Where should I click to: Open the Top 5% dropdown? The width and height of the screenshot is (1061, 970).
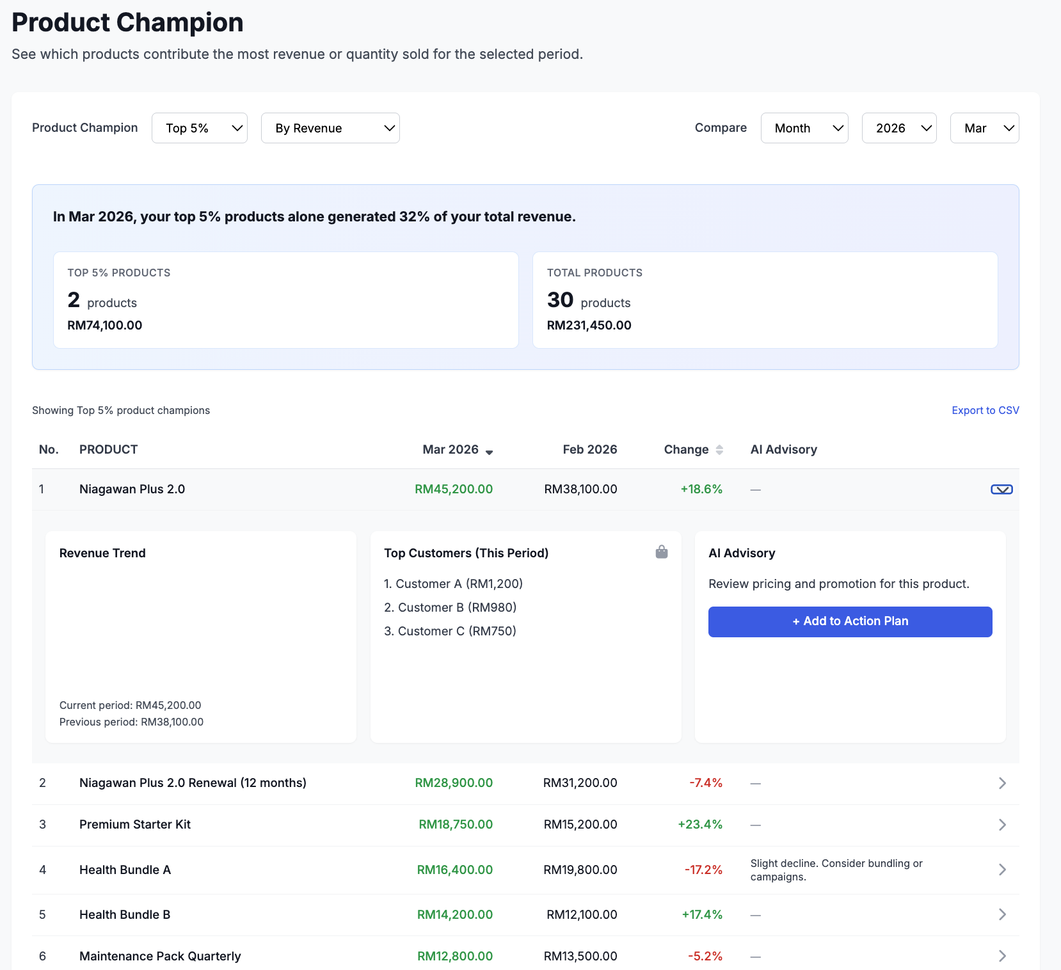coord(199,128)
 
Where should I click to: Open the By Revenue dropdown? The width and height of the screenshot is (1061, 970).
coord(330,128)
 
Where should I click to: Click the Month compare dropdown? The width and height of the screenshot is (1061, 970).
coord(804,128)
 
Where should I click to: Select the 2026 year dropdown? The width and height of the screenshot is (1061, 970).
coord(898,128)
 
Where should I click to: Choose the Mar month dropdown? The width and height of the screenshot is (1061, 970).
coord(984,128)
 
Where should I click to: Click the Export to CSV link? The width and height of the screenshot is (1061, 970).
coord(985,410)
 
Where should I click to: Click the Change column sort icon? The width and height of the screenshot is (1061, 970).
coord(719,450)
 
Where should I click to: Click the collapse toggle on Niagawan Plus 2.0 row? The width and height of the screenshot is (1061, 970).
coord(1001,489)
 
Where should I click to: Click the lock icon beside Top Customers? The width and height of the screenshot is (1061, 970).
coord(662,552)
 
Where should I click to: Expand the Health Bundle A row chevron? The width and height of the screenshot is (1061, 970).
coord(1002,870)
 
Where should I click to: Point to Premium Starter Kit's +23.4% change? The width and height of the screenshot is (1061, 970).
coord(700,824)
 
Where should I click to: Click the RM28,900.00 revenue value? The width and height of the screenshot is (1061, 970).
coord(454,783)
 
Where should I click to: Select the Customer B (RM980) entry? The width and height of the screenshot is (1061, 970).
coord(451,607)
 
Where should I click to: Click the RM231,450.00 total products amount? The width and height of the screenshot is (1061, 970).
coord(589,325)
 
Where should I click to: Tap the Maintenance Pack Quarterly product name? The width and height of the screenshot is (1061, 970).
coord(160,956)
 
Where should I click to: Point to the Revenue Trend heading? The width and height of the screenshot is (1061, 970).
coord(102,553)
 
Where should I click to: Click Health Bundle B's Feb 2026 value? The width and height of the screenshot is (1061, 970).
coord(581,914)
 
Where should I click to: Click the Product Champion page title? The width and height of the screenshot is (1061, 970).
coord(127,22)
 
